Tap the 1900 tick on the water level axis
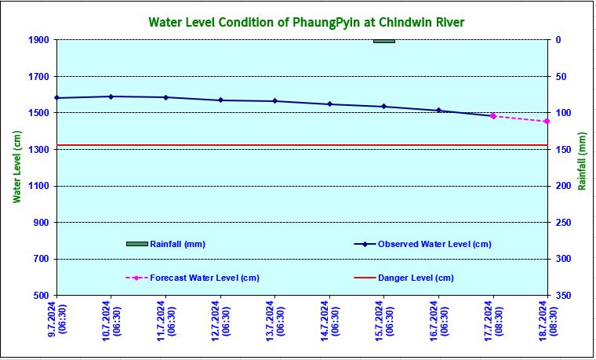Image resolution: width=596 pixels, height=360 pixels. point(39,40)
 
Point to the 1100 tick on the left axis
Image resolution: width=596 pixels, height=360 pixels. point(39,186)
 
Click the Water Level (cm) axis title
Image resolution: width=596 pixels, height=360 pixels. point(17,167)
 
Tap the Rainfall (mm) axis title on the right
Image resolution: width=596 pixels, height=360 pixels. point(582,161)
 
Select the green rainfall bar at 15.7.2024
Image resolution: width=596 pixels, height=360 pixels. point(384,41)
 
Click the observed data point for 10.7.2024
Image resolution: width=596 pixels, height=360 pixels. point(111,96)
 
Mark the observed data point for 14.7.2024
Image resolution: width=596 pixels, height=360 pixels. point(329,104)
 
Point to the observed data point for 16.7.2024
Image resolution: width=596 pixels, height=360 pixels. point(438,111)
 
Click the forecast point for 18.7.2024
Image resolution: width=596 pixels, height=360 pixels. point(547,122)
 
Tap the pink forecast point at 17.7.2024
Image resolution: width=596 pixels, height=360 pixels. point(493,116)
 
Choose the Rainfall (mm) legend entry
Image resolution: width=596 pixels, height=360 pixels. point(177,244)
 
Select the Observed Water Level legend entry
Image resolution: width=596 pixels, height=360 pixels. point(434,244)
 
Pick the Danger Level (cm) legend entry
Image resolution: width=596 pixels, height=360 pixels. point(416,278)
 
